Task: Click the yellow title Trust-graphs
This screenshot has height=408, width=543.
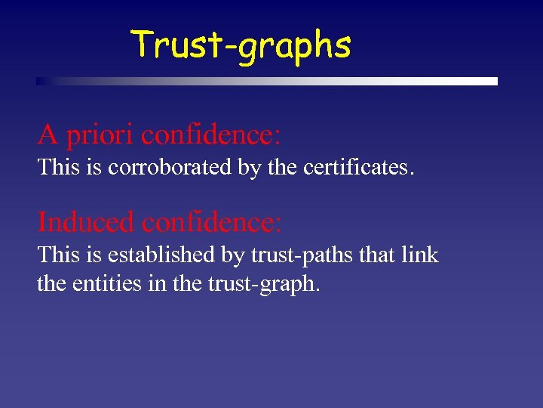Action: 241,45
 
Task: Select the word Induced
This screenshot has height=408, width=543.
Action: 87,222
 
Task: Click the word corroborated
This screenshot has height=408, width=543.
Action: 170,167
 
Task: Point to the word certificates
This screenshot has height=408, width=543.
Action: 358,167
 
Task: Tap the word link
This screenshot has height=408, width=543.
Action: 420,255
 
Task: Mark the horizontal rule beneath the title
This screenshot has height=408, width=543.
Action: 267,81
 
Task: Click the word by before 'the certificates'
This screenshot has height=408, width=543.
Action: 248,168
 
